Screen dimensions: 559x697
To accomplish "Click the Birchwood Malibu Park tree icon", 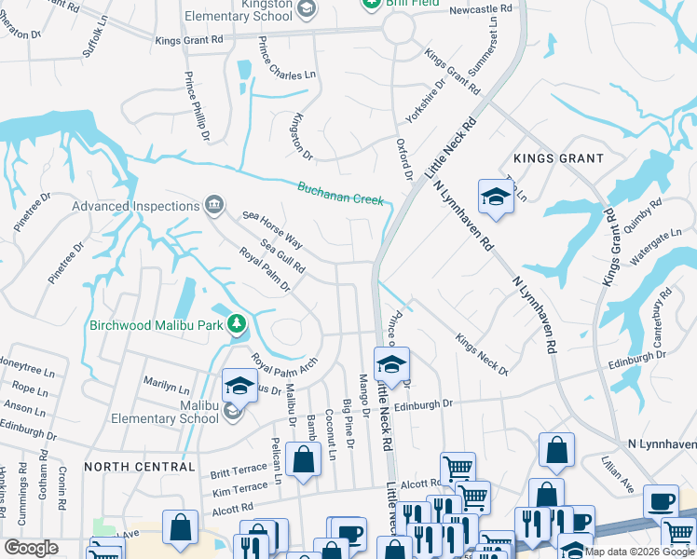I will pyautogui.click(x=238, y=324).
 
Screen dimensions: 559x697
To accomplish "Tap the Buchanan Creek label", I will pyautogui.click(x=340, y=193).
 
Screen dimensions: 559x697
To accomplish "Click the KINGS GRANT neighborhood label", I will pyautogui.click(x=558, y=158).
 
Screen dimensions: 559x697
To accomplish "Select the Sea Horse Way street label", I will pyautogui.click(x=273, y=228).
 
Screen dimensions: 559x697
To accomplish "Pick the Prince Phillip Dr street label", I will pyautogui.click(x=197, y=106).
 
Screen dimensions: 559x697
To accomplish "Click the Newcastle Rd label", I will pyautogui.click(x=481, y=9).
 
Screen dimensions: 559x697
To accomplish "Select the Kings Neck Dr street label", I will pyautogui.click(x=482, y=355).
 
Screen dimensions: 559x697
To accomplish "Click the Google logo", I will pyautogui.click(x=31, y=547).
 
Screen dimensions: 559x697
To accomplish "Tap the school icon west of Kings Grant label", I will pyautogui.click(x=493, y=196).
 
